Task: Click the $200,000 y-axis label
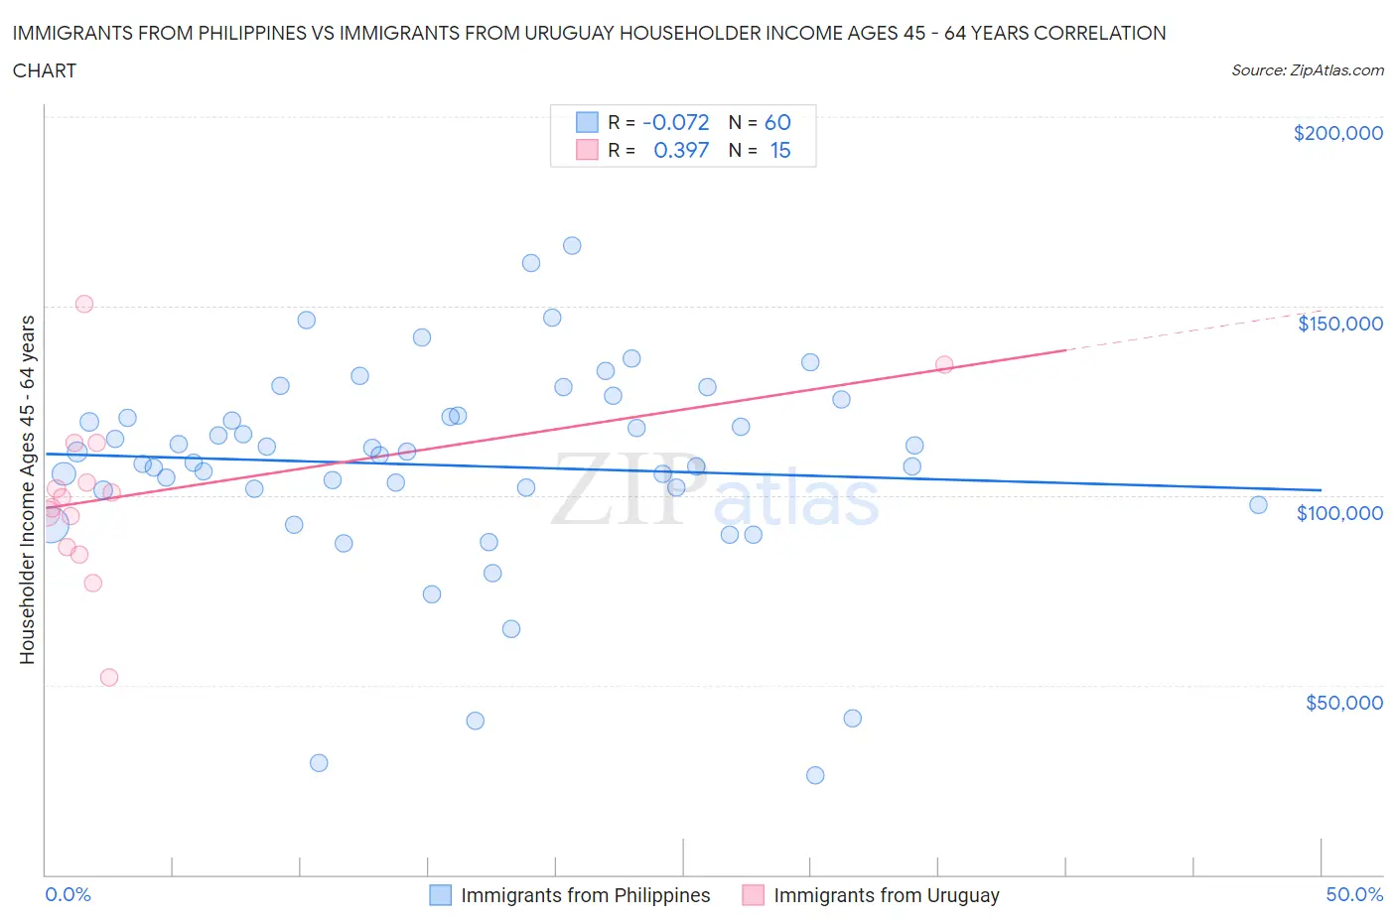tap(1337, 134)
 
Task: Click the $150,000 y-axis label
tap(1339, 324)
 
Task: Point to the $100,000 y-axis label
tap(1339, 513)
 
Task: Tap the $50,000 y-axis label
tap(1343, 703)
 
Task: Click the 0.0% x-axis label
tap(68, 894)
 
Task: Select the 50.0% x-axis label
tap(1354, 894)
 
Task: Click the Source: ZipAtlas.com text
tap(1307, 70)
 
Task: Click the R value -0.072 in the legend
tap(675, 122)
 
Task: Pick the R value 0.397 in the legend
tap(681, 150)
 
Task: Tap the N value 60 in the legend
tap(777, 122)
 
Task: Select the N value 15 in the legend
tap(780, 150)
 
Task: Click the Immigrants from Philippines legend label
tap(585, 895)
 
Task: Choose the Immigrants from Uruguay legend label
tap(886, 895)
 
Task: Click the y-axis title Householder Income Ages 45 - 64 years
tap(28, 489)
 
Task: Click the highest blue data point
tap(572, 246)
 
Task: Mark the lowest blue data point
tap(815, 775)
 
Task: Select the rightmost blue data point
tap(1258, 505)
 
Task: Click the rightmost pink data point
tap(944, 365)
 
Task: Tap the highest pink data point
tap(84, 304)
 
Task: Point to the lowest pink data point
tap(109, 678)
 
